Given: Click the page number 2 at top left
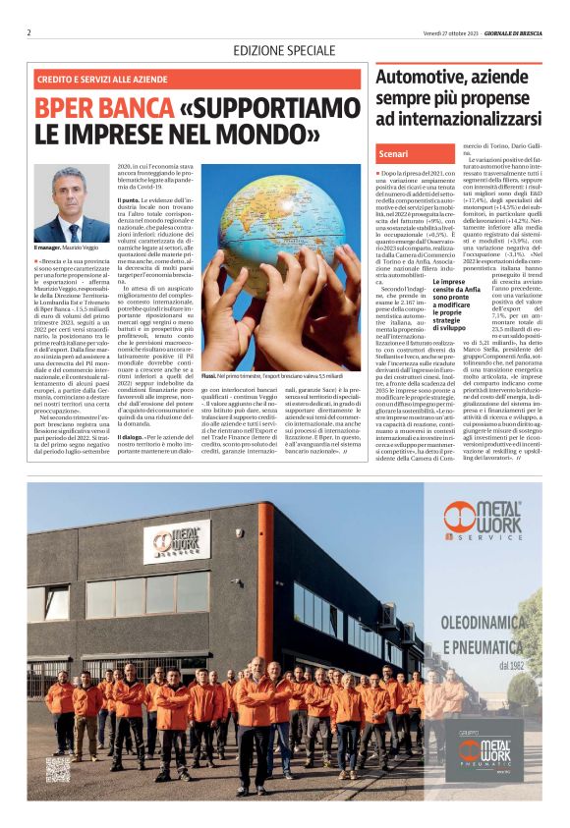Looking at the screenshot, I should click(x=29, y=32).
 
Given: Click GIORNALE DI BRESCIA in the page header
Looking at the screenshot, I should click(x=509, y=32).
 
